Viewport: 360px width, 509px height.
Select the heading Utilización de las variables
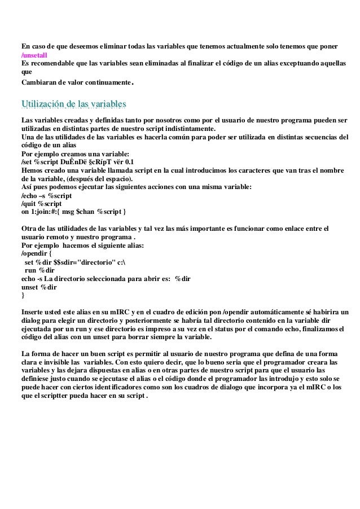pos(73,104)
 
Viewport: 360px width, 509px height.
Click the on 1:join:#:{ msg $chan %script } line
pos(74,211)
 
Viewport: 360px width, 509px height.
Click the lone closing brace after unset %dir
pos(23,295)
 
